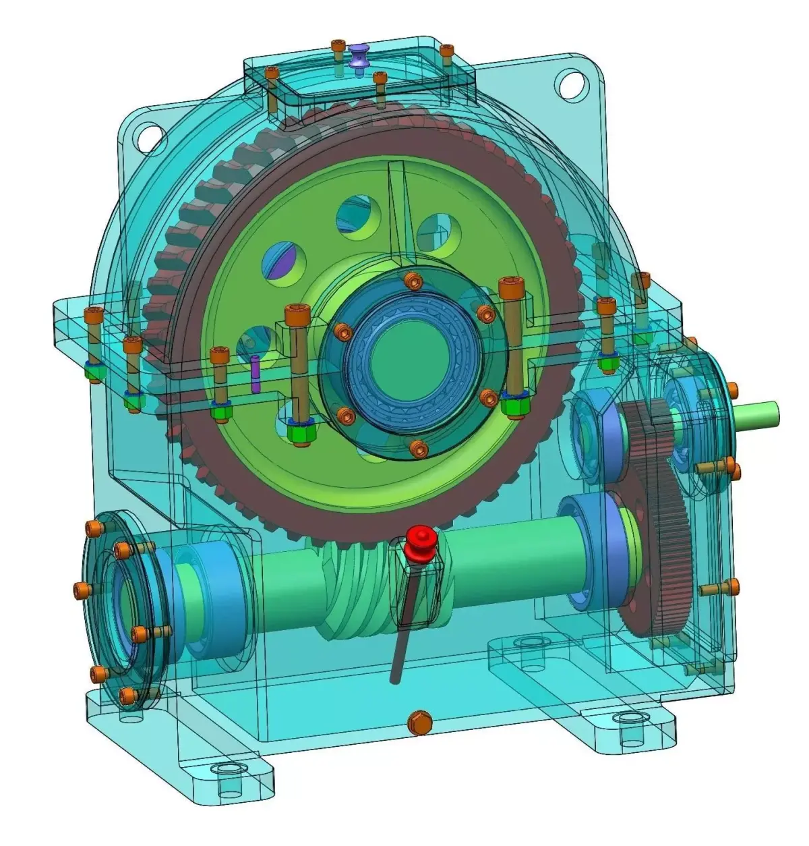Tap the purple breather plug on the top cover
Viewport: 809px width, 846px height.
[x=359, y=54]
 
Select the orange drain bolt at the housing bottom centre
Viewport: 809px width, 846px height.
[x=419, y=722]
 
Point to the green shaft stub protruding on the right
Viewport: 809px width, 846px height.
[x=758, y=411]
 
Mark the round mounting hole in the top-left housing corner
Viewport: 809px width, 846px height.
[x=145, y=137]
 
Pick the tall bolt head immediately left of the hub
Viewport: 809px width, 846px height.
[x=297, y=314]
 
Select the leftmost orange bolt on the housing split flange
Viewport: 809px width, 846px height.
[x=92, y=314]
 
